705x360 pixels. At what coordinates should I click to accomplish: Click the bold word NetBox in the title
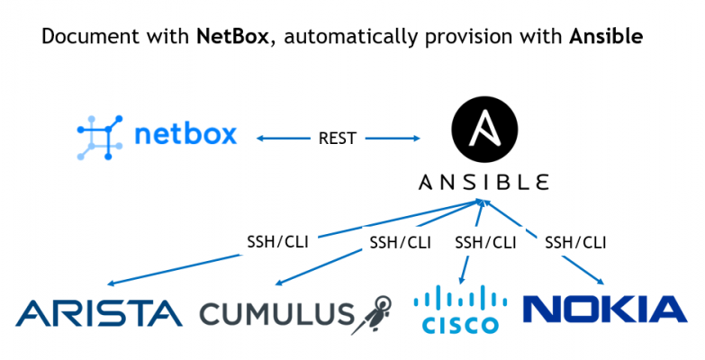[x=229, y=38]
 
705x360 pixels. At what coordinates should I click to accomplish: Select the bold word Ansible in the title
[x=605, y=38]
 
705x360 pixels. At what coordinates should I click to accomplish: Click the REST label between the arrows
[x=338, y=139]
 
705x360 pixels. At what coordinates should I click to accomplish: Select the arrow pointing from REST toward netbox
[x=280, y=139]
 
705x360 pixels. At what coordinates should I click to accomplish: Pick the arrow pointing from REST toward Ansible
[x=393, y=139]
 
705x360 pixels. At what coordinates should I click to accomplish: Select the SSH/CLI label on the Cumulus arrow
[x=400, y=242]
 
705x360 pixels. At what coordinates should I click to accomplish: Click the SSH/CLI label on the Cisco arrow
[x=485, y=242]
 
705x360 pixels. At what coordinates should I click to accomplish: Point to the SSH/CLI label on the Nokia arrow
[x=575, y=242]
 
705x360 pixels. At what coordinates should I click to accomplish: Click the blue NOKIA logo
[x=605, y=309]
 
